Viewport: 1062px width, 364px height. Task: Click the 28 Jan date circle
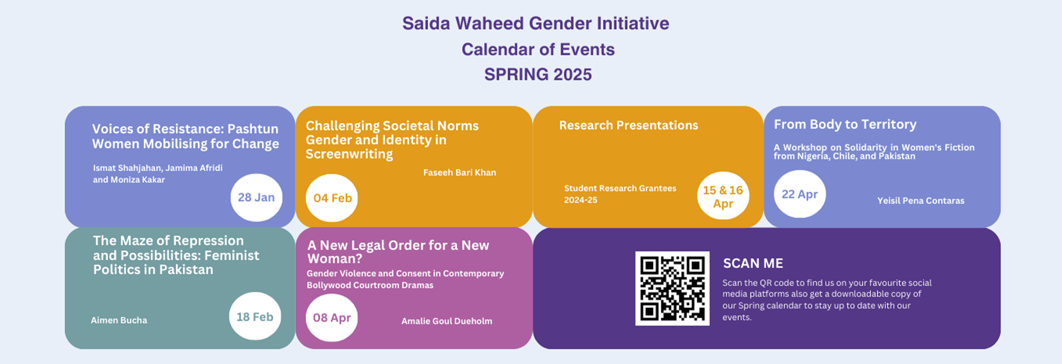coord(256,198)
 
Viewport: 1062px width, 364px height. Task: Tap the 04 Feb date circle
coord(332,198)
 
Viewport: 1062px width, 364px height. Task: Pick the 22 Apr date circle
coord(800,194)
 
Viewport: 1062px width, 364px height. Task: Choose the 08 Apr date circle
coord(332,317)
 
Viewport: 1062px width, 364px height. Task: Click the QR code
coord(672,288)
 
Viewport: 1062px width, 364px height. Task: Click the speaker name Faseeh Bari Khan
coord(460,173)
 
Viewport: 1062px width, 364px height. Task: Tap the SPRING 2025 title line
coord(538,75)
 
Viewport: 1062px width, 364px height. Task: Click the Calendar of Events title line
coord(538,49)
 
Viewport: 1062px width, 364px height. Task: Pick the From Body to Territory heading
coord(845,124)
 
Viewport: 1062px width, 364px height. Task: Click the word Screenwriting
coord(349,154)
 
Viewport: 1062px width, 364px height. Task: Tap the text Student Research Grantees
coord(620,188)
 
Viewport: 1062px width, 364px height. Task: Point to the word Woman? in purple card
coord(335,259)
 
